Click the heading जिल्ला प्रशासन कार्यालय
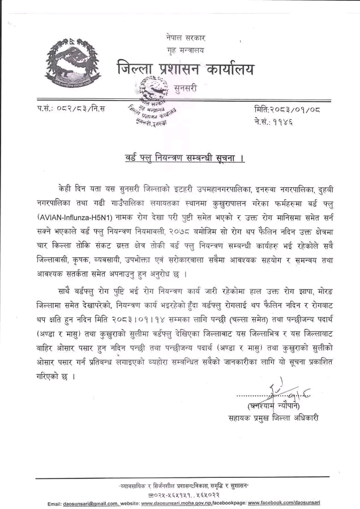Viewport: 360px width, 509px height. pyautogui.click(x=185, y=70)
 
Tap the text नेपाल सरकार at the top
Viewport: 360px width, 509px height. pyautogui.click(x=186, y=38)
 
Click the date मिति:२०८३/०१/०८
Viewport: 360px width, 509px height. pyautogui.click(x=288, y=108)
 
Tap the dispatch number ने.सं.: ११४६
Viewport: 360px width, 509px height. pyautogui.click(x=273, y=120)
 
